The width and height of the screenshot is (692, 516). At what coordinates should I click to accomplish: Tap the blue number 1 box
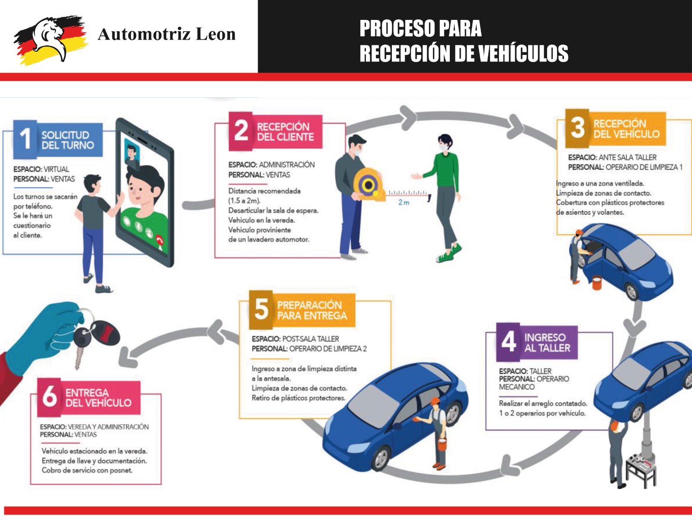click(26, 138)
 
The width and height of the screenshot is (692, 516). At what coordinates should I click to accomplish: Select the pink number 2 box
click(240, 131)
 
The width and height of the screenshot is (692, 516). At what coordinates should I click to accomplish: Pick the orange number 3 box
click(577, 128)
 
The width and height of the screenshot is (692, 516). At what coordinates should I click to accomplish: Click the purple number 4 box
click(508, 342)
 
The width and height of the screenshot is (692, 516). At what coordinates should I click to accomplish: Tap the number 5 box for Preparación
click(261, 309)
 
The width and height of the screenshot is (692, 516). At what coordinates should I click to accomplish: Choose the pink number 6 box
click(50, 396)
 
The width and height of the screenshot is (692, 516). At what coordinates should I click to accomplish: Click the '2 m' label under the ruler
click(404, 202)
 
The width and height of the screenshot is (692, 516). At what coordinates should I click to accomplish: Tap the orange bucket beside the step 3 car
click(597, 283)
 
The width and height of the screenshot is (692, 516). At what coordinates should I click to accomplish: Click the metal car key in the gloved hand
click(79, 356)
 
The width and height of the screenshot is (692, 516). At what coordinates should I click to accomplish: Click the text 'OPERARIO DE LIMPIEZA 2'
click(328, 349)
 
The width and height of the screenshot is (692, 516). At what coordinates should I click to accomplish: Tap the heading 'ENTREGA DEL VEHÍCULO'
click(98, 397)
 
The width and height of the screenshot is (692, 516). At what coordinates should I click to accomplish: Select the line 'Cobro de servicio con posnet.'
click(87, 470)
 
